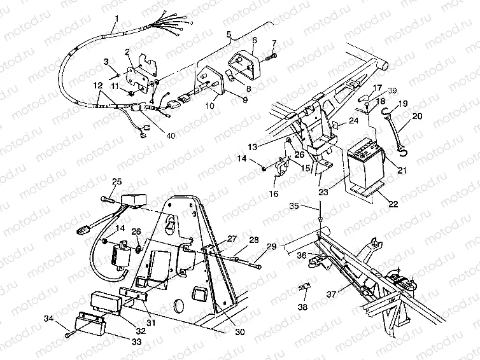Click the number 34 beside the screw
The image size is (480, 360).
(x=48, y=319)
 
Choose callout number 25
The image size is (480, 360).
(x=116, y=181)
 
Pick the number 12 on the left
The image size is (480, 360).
(x=97, y=85)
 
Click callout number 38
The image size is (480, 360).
(x=302, y=307)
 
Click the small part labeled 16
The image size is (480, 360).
(x=280, y=166)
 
